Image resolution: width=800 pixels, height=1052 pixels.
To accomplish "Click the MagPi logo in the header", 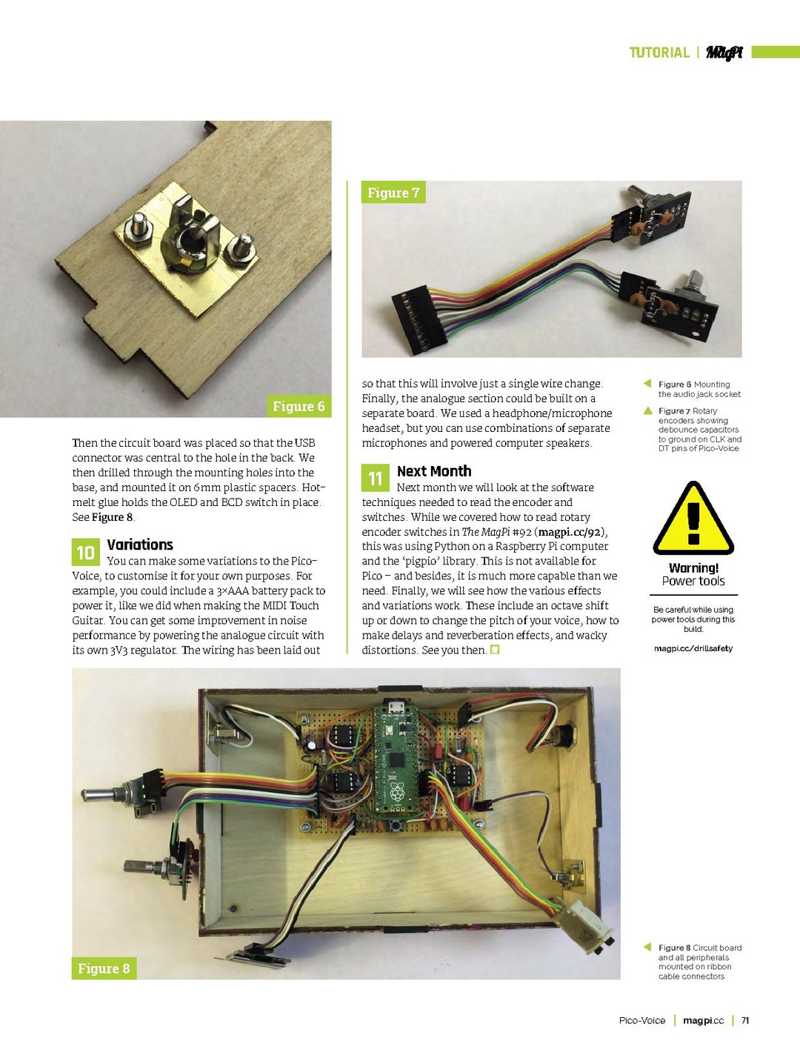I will click(x=724, y=53).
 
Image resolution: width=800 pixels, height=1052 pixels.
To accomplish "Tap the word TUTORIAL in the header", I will click(x=659, y=53).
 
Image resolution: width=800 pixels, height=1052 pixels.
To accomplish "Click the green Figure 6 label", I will click(x=299, y=406).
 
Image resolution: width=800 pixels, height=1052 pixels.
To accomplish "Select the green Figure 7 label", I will click(x=393, y=193).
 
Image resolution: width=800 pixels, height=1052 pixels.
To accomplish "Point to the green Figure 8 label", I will click(x=104, y=968).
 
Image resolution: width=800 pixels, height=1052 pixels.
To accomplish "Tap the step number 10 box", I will click(x=85, y=553).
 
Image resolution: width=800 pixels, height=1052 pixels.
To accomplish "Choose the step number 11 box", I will click(x=376, y=479).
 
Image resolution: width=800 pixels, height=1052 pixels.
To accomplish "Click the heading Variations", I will click(x=140, y=545).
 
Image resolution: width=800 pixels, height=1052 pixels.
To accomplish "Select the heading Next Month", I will click(x=434, y=471).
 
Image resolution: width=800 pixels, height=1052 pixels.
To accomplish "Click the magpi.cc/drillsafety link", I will click(x=693, y=648).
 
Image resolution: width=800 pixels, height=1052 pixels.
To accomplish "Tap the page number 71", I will click(x=745, y=1020).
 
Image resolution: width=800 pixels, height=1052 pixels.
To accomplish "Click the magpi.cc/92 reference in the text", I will click(x=570, y=532).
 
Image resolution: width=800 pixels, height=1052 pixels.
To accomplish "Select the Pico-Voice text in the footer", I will click(x=642, y=1020).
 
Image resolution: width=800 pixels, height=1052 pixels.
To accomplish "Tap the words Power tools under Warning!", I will click(x=693, y=582).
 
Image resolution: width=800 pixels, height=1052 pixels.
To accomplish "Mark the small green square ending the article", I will click(x=495, y=650).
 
